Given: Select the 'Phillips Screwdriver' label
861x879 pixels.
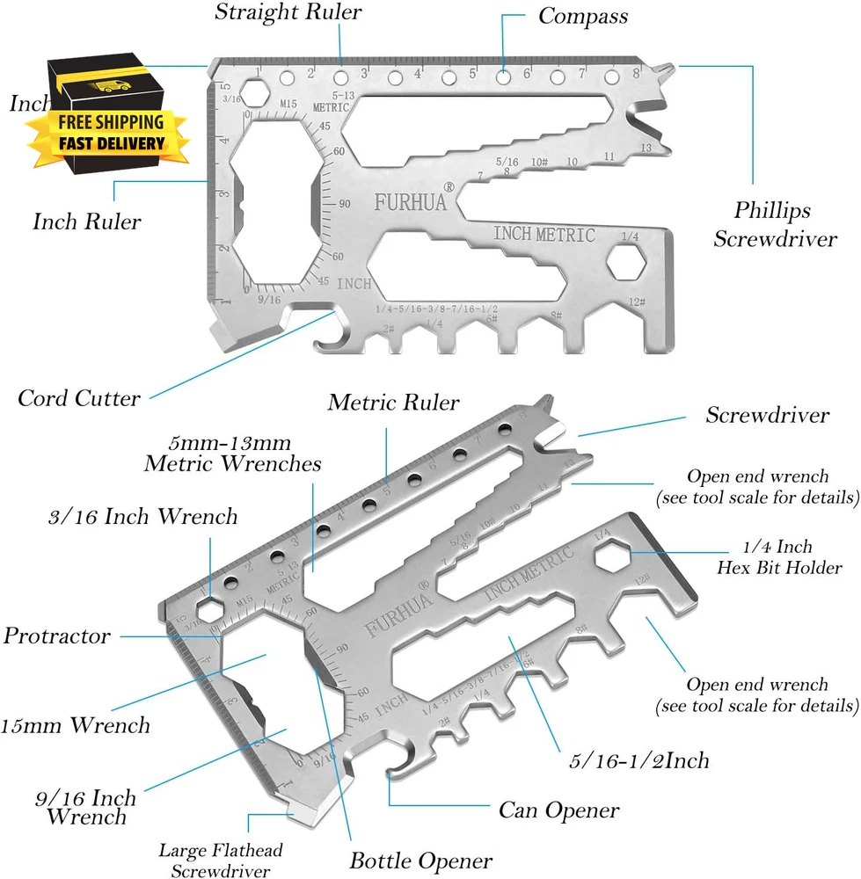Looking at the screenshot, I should coord(774,224).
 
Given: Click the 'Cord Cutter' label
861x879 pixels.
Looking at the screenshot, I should coord(78,398).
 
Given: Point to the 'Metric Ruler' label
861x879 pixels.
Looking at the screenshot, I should coord(393,403).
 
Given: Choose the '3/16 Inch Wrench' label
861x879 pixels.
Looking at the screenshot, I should coord(143,516).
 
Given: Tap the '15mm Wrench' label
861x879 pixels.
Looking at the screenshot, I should coord(75,725).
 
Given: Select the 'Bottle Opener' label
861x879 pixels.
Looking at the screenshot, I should coord(421,860).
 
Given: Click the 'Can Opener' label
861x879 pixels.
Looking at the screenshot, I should coord(559,809).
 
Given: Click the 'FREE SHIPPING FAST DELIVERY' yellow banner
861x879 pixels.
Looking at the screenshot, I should coord(112,132).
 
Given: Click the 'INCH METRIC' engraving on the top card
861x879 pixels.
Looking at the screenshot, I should coord(544,235).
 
